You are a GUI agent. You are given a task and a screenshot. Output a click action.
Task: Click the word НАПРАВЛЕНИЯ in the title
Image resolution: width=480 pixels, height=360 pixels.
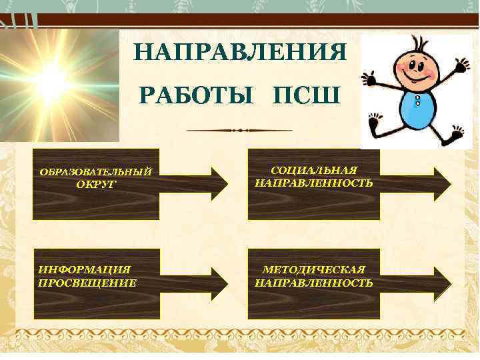point(240,52)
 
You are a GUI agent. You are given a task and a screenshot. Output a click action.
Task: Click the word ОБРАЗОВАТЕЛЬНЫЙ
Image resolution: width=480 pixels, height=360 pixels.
point(96,173)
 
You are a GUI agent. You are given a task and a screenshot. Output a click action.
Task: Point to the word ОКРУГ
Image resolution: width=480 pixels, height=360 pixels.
point(95,184)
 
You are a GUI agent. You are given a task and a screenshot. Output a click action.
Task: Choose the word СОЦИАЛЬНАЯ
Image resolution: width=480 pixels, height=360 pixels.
point(314,171)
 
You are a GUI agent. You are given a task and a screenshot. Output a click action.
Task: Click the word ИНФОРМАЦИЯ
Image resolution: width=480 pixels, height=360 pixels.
point(85,270)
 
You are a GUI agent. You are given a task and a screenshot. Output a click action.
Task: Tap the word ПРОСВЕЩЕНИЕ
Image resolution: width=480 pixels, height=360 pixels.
point(87,283)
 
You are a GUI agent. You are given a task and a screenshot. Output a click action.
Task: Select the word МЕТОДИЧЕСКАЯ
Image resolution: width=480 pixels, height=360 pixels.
point(314,270)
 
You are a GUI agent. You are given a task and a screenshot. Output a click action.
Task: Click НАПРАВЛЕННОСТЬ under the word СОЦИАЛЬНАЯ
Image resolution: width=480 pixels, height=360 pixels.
point(314,182)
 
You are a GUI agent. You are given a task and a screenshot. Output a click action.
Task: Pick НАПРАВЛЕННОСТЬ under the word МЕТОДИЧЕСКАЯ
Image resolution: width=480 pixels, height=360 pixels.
point(314,283)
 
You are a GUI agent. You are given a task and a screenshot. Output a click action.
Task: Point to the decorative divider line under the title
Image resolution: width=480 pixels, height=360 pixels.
point(240,130)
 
